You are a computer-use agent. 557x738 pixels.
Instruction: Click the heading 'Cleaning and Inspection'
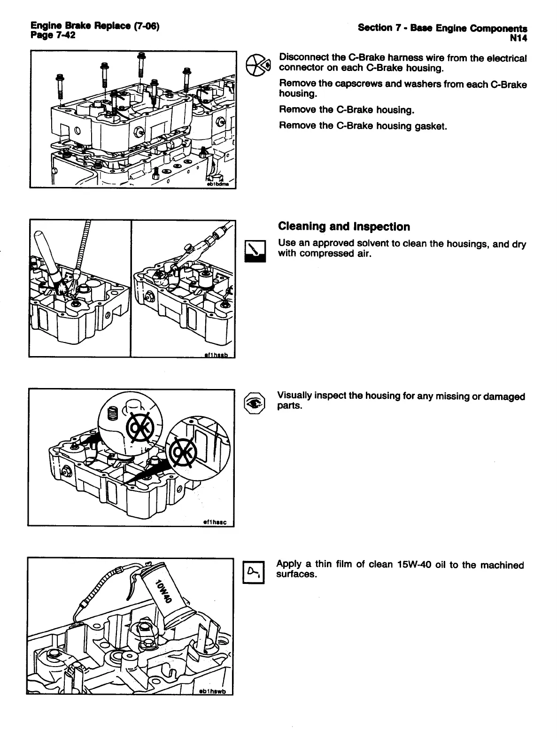click(x=344, y=227)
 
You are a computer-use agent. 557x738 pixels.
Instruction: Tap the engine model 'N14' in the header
click(x=518, y=37)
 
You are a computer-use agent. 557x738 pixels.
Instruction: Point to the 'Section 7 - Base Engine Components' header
click(x=442, y=28)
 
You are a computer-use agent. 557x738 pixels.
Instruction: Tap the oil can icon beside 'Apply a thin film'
click(x=254, y=573)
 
